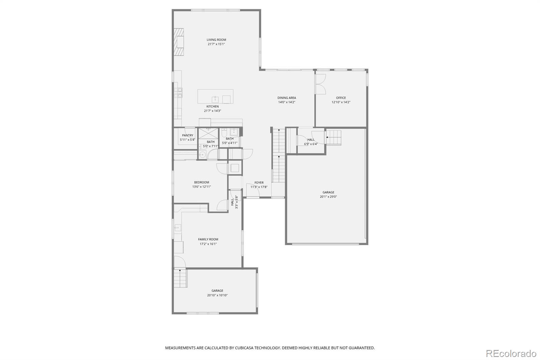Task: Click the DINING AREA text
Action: pos(287,98)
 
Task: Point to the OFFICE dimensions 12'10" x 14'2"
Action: pos(341,102)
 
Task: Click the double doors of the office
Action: pos(321,84)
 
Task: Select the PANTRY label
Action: pos(188,135)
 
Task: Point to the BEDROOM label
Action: pos(201,182)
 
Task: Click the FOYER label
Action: pos(259,183)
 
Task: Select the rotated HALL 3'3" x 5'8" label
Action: pos(234,202)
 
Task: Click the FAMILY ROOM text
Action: pos(208,239)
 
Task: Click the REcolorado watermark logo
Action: pos(511,353)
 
